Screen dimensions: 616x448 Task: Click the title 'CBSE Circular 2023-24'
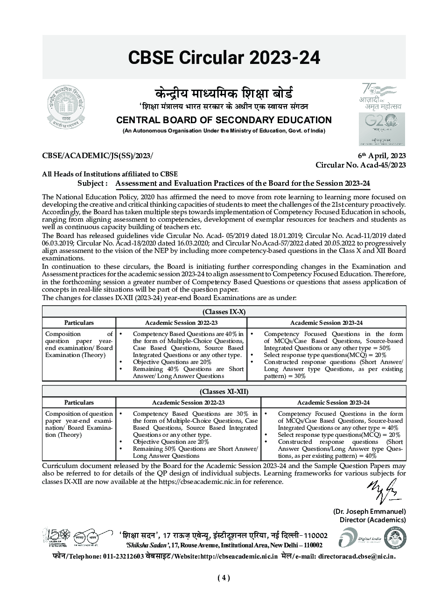point(224,57)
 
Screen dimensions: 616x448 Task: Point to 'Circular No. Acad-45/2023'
point(360,165)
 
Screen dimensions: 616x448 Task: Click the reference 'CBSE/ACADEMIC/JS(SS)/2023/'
point(97,156)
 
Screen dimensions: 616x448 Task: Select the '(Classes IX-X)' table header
point(224,312)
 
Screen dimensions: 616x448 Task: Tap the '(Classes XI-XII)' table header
point(224,392)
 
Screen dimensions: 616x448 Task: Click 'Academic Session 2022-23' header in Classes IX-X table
point(181,322)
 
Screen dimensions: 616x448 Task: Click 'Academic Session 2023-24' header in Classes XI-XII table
point(333,402)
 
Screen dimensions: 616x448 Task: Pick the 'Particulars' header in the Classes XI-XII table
point(79,402)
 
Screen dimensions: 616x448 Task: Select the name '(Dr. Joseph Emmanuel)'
point(369,511)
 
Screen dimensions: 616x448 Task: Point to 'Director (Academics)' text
point(372,520)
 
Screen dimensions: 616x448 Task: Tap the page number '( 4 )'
point(224,578)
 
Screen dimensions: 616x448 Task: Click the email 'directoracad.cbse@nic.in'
point(357,556)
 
